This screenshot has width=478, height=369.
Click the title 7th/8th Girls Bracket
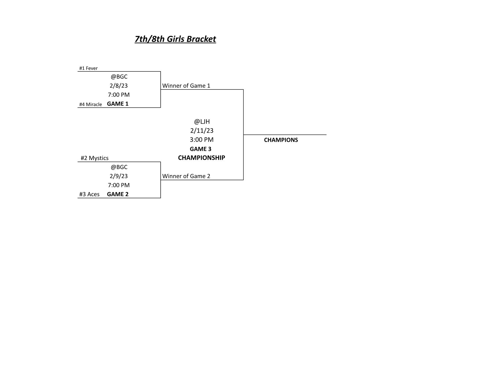[x=175, y=39]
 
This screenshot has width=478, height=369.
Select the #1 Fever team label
[x=88, y=68]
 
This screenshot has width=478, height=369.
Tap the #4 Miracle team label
[x=90, y=104]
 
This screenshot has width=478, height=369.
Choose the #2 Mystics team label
[x=95, y=158]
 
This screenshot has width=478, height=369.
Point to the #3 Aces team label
[x=89, y=194]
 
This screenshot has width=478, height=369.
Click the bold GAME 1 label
[x=118, y=104]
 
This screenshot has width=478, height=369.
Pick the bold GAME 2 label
[x=118, y=194]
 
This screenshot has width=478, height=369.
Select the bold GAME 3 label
[x=200, y=149]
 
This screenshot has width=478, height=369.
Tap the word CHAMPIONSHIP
[x=202, y=158]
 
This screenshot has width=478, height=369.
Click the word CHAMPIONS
[x=281, y=140]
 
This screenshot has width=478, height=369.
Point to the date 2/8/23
[x=119, y=85]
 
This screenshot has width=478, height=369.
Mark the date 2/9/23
[x=119, y=176]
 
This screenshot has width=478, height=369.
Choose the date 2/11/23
[x=202, y=131]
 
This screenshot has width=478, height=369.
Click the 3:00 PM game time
[x=202, y=139]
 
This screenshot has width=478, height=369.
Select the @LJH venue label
[x=202, y=122]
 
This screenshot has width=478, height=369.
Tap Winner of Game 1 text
[x=186, y=86]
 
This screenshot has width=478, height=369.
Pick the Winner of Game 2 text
[x=186, y=176]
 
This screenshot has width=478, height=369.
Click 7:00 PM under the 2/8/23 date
[x=119, y=95]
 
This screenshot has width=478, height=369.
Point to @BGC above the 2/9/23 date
[x=119, y=167]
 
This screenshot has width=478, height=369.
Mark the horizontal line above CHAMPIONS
[x=285, y=135]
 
